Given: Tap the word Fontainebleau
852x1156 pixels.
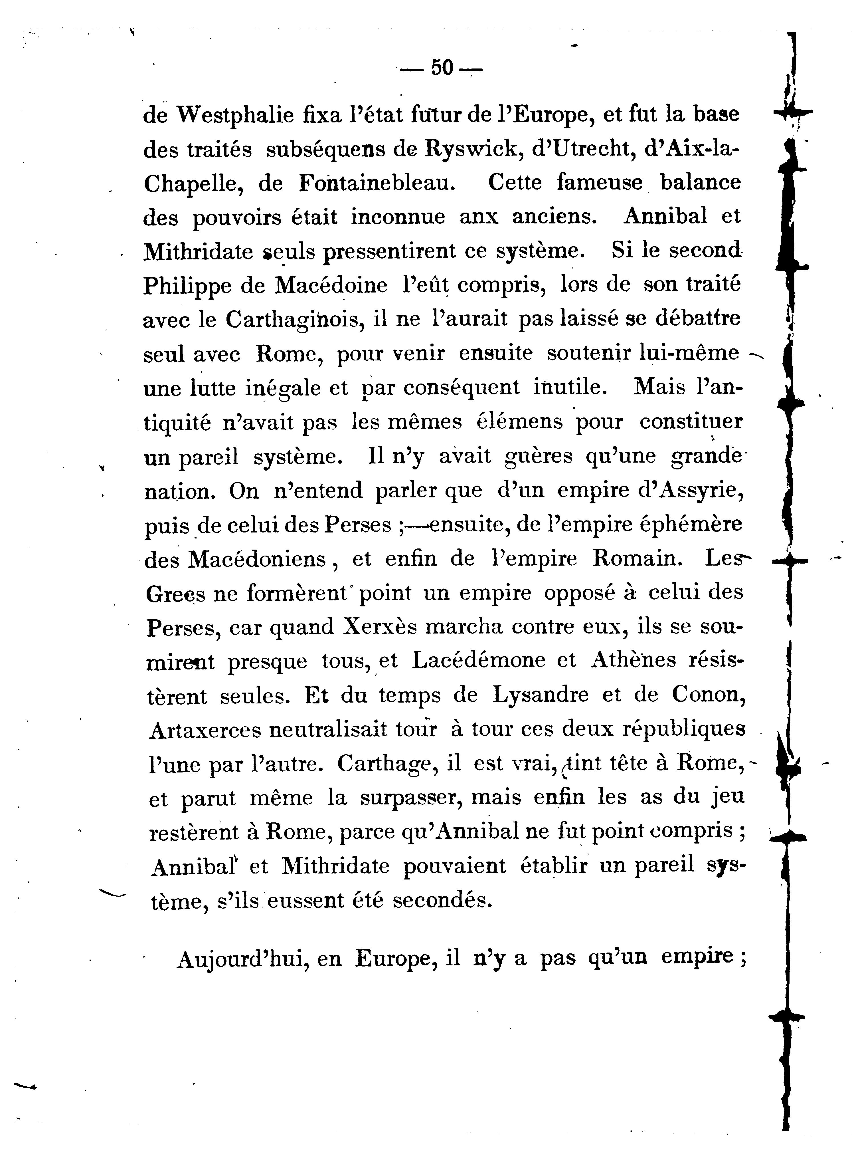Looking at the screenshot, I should (378, 184).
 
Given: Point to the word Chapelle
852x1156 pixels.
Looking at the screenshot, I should (192, 184).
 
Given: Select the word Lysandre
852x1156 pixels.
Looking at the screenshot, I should (541, 696).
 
